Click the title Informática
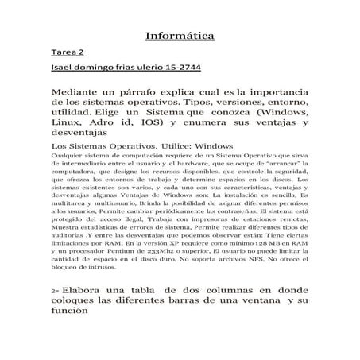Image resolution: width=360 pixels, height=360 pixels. [x=180, y=37]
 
